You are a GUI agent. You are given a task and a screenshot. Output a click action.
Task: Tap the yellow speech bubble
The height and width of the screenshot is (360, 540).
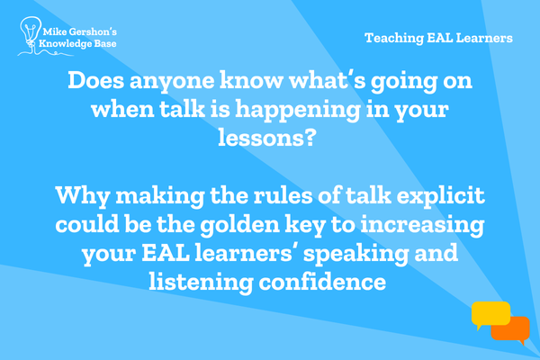[x=490, y=315]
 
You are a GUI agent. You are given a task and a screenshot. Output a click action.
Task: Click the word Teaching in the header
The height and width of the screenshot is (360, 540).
[x=394, y=38]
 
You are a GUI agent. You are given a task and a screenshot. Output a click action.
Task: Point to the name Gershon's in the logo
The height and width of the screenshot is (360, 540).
[x=93, y=32]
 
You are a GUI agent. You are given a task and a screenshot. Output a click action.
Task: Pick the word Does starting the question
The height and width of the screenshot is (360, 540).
[x=95, y=80]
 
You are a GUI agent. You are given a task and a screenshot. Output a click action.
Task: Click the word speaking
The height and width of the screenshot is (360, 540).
[x=356, y=254]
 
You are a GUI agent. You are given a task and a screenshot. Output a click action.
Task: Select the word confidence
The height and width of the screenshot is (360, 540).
[x=323, y=282]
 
